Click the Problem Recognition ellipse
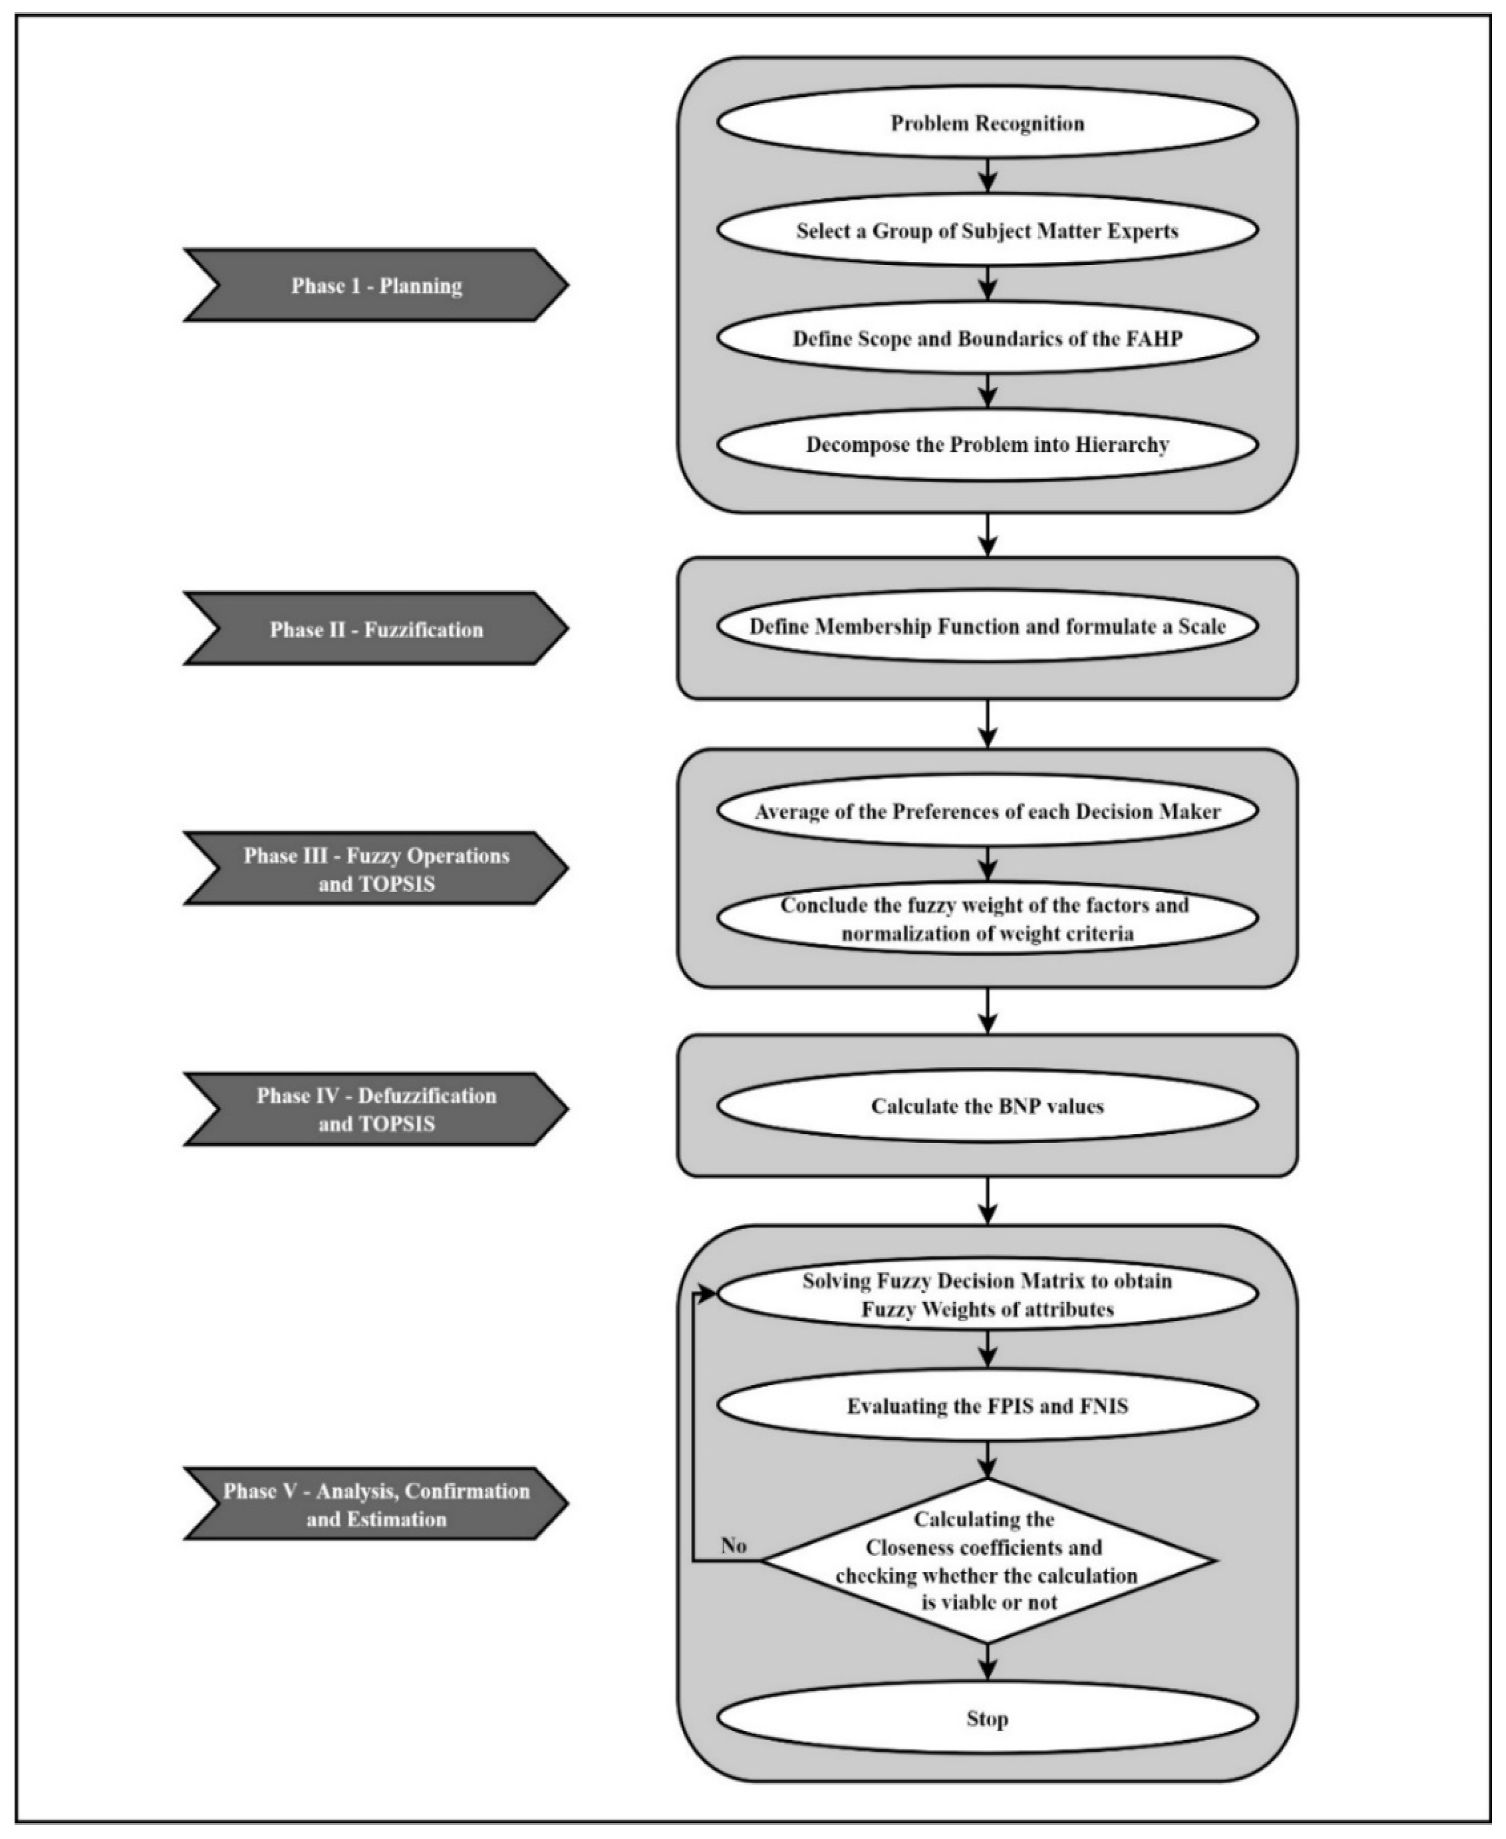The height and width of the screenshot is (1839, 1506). [x=987, y=122]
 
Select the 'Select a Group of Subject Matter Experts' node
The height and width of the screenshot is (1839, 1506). [x=987, y=231]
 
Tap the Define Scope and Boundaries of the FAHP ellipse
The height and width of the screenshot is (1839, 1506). [x=987, y=338]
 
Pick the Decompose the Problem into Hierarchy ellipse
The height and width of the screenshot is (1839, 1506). [x=987, y=445]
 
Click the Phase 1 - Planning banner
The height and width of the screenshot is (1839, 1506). [x=376, y=286]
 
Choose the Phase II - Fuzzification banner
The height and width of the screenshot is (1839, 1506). [x=376, y=629]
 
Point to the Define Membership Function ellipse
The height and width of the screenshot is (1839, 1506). [x=987, y=626]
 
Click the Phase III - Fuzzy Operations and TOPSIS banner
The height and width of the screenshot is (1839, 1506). [x=376, y=869]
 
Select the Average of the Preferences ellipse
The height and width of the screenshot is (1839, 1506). [x=987, y=811]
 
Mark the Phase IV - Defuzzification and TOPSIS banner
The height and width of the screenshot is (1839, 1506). [x=376, y=1109]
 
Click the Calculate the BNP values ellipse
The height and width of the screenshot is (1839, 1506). [x=987, y=1107]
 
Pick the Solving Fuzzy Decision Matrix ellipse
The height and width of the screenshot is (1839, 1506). [x=987, y=1295]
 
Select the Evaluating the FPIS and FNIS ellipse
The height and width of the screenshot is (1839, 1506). [x=987, y=1406]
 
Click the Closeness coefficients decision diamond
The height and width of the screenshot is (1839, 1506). [x=987, y=1561]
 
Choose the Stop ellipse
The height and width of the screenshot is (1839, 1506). [x=987, y=1718]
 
